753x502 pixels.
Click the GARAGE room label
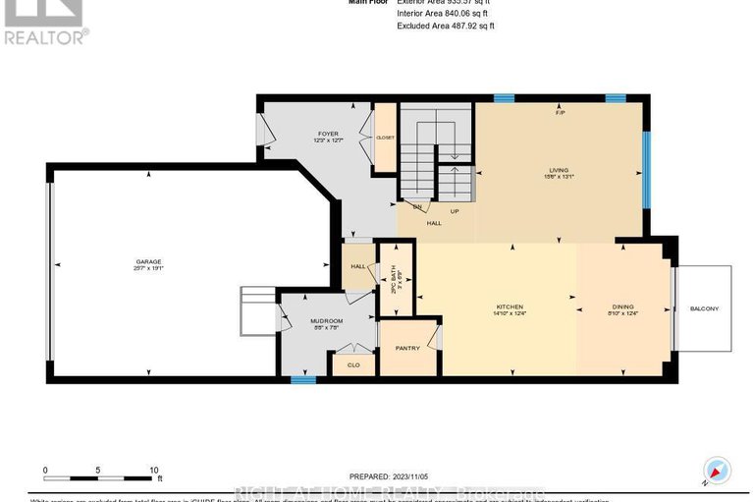coord(148,261)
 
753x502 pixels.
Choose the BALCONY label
coord(704,308)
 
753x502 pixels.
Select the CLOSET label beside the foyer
coord(385,139)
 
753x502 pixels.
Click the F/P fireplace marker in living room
coord(561,113)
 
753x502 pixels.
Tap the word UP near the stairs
coord(455,210)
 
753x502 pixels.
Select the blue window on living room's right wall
coord(646,170)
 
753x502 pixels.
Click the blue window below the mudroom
coord(303,379)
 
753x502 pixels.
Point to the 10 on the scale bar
coord(154,470)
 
